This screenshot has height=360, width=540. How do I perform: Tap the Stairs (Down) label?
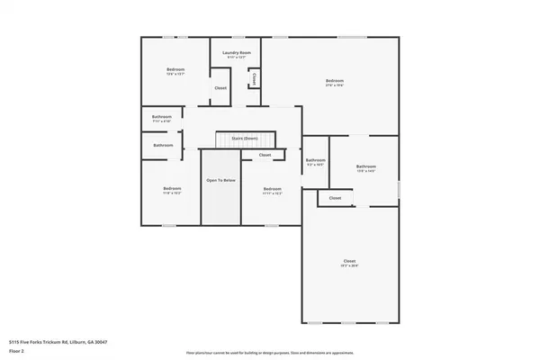(245, 139)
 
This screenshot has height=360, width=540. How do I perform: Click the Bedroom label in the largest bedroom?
(335, 81)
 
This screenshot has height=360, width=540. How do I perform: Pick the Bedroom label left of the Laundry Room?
(175, 69)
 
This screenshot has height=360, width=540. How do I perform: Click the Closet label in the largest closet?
(349, 262)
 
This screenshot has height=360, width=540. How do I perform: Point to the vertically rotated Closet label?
(255, 79)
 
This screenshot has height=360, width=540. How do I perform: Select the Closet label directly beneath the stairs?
(265, 156)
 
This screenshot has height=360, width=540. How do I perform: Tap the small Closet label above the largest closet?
(335, 197)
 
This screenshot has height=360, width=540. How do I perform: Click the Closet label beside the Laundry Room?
(220, 87)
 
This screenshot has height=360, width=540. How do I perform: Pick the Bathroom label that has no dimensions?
(163, 145)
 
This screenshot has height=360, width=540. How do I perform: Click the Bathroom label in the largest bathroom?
(365, 166)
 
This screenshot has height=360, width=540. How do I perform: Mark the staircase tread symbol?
(245, 144)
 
